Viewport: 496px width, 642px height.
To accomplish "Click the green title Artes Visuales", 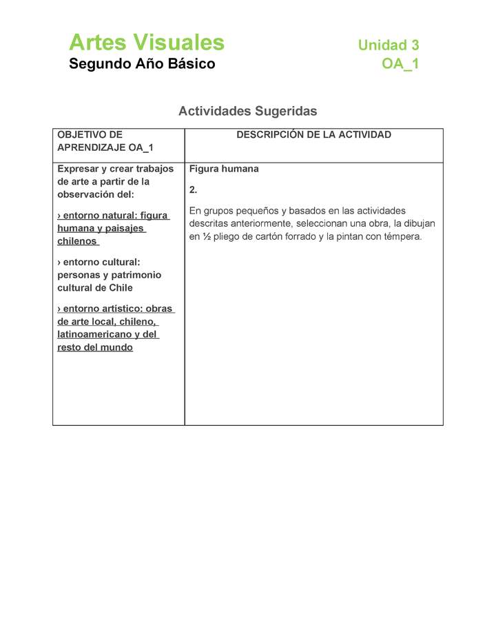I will tap(146, 43).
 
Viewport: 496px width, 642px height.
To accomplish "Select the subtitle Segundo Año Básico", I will tap(142, 64).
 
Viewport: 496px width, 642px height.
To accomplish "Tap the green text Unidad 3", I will tap(388, 45).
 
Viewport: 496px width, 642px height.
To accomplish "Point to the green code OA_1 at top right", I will tap(400, 64).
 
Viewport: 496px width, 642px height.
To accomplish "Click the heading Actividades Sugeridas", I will tap(247, 111).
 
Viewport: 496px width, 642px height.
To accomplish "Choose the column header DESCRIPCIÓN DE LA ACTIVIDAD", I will tap(313, 135).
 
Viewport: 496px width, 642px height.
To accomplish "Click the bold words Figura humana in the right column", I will tap(224, 169).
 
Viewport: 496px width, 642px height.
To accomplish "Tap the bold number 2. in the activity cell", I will tap(194, 189).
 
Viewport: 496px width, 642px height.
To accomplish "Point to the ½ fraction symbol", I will tap(205, 237).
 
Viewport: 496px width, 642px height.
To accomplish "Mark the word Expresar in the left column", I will tap(78, 169).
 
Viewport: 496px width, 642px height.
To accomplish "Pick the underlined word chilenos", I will tap(77, 241).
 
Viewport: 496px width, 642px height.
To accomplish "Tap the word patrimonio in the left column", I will tap(132, 275).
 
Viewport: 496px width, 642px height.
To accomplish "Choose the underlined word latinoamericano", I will tap(94, 334).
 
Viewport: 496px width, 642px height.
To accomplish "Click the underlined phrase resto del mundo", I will tap(95, 347).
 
